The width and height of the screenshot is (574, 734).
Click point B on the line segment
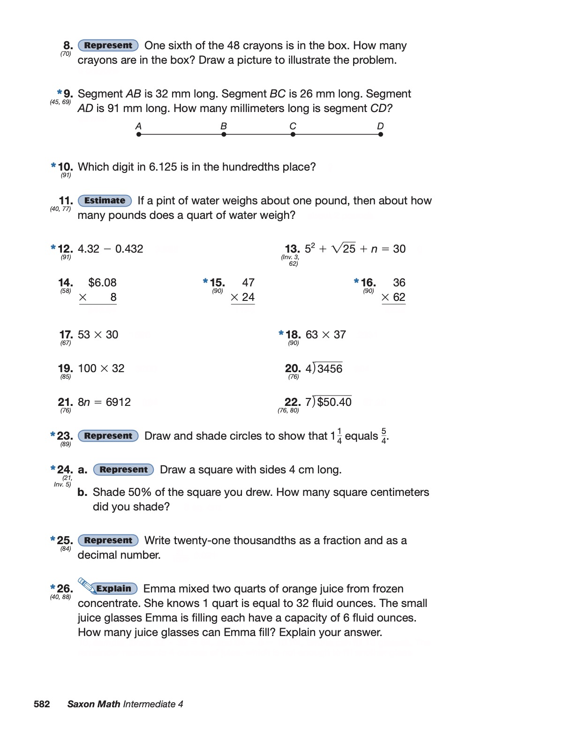point(224,135)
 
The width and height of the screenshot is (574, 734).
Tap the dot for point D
point(380,135)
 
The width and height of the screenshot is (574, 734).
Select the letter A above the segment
point(138,126)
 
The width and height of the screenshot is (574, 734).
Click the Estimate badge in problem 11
point(105,201)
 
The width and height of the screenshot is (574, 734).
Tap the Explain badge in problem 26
point(114,589)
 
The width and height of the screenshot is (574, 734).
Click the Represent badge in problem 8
point(108,45)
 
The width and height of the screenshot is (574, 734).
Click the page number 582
point(42,704)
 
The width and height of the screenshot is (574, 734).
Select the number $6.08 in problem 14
point(102,283)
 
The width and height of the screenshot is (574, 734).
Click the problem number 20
point(293,369)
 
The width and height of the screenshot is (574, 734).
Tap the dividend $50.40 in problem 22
point(334,402)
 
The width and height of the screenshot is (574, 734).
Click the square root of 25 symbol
point(344,248)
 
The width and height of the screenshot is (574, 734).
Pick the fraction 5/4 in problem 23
point(384,436)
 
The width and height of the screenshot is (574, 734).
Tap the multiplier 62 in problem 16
point(399,297)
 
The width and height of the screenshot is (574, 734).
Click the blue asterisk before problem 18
point(281,333)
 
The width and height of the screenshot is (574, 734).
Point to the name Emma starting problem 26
point(158,589)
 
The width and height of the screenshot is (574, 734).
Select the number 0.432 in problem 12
point(129,249)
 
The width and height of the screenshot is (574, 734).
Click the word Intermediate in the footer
point(149,704)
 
